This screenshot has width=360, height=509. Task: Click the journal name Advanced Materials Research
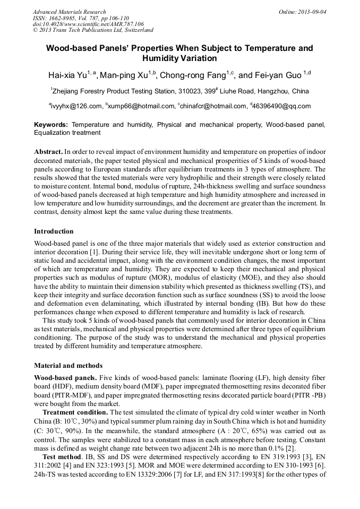(69, 12)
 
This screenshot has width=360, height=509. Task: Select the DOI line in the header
(88, 24)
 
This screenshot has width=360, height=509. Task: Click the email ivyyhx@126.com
(76, 106)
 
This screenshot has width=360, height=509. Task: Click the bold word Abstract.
(48, 151)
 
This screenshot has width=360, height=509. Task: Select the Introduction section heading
(54, 231)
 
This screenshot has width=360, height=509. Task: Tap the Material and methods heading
(68, 366)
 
